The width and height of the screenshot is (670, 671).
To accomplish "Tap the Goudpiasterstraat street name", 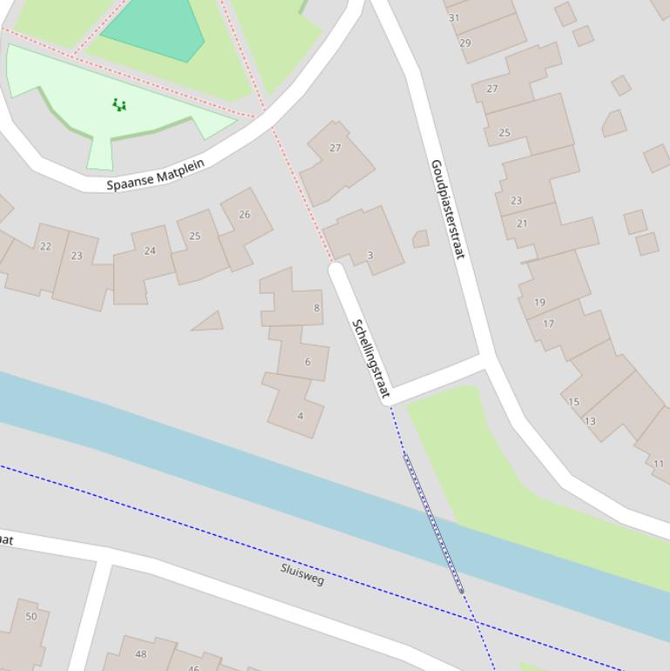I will pyautogui.click(x=448, y=208).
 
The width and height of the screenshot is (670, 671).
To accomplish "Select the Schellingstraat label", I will pyautogui.click(x=369, y=358).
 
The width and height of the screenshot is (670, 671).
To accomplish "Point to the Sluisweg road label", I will pyautogui.click(x=302, y=574).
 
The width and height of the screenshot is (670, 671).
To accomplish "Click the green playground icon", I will pyautogui.click(x=119, y=105).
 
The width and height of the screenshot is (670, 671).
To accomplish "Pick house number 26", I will pyautogui.click(x=244, y=214).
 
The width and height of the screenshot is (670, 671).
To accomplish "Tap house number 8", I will pyautogui.click(x=316, y=308).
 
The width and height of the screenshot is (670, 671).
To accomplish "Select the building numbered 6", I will pyautogui.click(x=308, y=362).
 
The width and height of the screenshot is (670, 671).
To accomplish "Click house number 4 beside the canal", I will pyautogui.click(x=300, y=416).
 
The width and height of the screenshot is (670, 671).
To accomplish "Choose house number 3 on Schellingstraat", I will pyautogui.click(x=369, y=255).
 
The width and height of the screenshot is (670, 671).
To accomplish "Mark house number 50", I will pyautogui.click(x=31, y=616).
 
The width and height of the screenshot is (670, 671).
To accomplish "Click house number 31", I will pyautogui.click(x=454, y=17).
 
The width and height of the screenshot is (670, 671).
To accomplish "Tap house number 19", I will pyautogui.click(x=539, y=302).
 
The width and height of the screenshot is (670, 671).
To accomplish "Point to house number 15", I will pyautogui.click(x=573, y=402).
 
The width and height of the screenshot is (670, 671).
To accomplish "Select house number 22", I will pyautogui.click(x=45, y=247).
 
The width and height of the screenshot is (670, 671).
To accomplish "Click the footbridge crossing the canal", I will pyautogui.click(x=433, y=522).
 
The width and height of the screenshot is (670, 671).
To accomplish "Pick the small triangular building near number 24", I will pyautogui.click(x=209, y=322).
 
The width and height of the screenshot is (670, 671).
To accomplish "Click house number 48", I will pyautogui.click(x=140, y=654).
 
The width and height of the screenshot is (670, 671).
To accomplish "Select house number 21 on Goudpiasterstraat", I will pyautogui.click(x=522, y=224).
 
